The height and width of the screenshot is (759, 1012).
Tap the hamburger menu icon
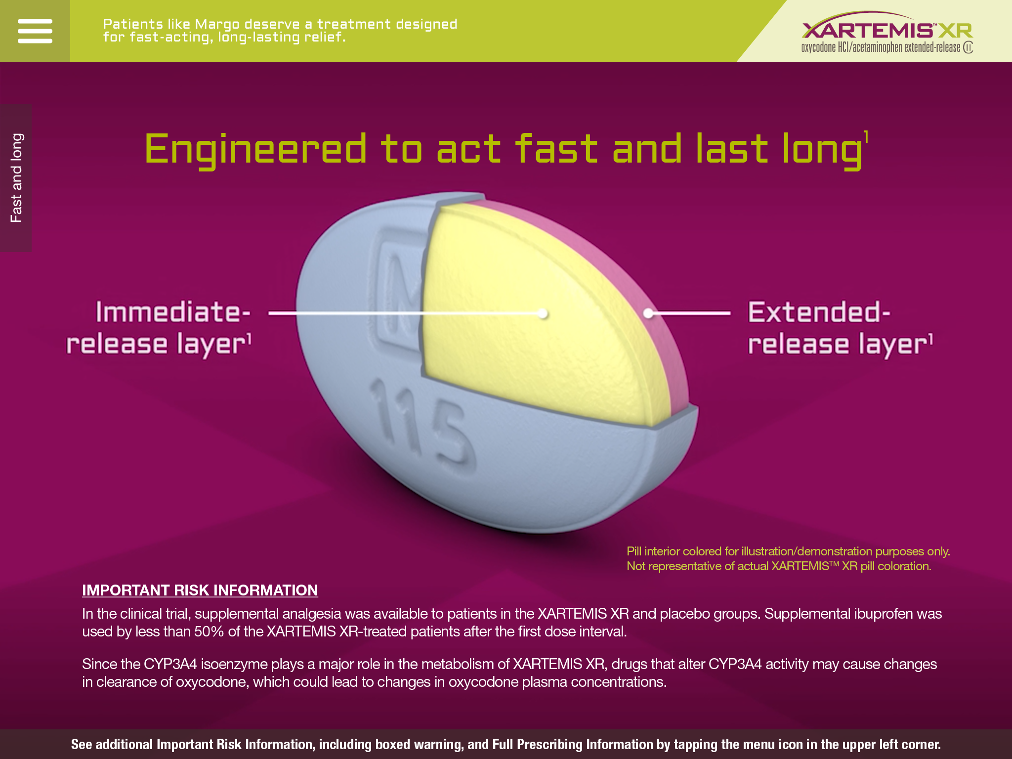click(x=35, y=31)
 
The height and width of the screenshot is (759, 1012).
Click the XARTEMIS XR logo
click(x=886, y=31)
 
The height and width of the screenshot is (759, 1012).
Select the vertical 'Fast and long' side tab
click(x=16, y=178)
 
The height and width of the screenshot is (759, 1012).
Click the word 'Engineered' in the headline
click(x=255, y=149)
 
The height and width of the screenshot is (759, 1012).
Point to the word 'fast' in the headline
click(x=556, y=149)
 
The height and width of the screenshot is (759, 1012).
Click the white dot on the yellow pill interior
click(x=543, y=313)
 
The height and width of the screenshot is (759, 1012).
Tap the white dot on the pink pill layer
click(x=648, y=313)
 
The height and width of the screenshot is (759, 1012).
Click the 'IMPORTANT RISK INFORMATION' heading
click(x=200, y=590)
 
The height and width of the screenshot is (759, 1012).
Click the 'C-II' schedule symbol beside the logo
click(x=968, y=47)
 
